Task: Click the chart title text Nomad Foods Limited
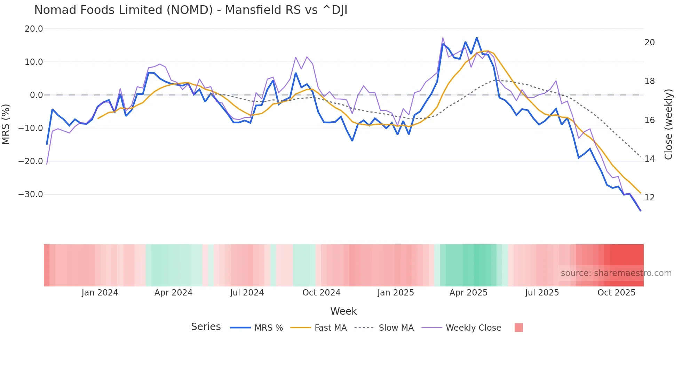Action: [x=191, y=10]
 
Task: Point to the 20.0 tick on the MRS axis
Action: [x=34, y=29]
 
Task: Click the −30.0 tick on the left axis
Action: [x=31, y=194]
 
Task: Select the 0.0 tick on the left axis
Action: [x=37, y=95]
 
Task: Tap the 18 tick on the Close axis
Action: [x=649, y=81]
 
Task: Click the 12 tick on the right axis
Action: [x=649, y=198]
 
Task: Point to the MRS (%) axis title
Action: [x=6, y=124]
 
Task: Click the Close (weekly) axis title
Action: [x=668, y=124]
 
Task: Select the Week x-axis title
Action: [x=343, y=311]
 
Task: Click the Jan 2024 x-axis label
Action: [x=100, y=293]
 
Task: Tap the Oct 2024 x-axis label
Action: [x=321, y=293]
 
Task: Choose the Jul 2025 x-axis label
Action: [x=542, y=293]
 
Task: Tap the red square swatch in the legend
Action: [x=518, y=328]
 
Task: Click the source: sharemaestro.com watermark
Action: [x=616, y=273]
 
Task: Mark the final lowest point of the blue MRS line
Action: [x=640, y=210]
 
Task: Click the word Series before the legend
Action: [x=206, y=327]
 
